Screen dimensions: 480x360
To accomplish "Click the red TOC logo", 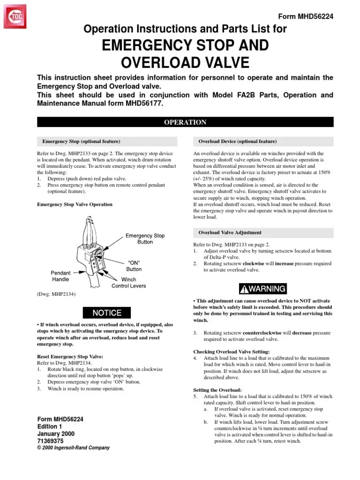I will (17, 18).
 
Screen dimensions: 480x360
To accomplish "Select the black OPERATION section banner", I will (185, 122).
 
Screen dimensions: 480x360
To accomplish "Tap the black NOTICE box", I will (107, 313).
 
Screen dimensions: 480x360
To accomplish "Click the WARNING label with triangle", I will (262, 288).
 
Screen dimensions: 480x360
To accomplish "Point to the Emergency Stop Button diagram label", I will (145, 239).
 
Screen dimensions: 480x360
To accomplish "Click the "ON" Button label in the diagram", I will (134, 266).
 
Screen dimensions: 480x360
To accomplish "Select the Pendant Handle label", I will (60, 276).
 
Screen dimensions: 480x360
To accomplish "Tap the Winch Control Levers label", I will (128, 283).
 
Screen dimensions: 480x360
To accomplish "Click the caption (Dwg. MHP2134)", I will (56, 294).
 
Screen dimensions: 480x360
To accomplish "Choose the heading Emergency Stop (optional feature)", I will (81, 141).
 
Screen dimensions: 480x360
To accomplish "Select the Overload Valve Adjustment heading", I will (230, 232).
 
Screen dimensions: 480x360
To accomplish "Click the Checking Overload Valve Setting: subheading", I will (232, 352).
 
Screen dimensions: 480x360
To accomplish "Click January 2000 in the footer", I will (57, 434).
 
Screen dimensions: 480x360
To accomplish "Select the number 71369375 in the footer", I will (51, 441).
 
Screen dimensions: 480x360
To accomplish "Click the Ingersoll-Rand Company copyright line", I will (73, 448).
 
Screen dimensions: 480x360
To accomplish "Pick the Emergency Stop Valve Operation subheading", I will (75, 204).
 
